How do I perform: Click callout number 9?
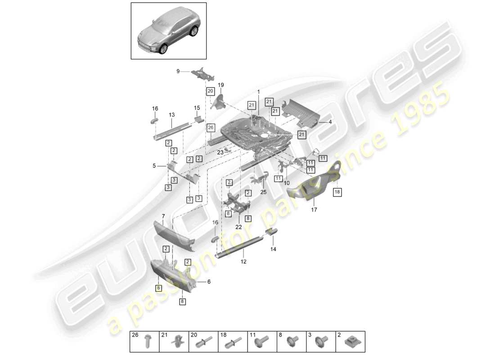click(x=178, y=71)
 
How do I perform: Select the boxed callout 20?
click(x=211, y=91)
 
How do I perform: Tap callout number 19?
click(x=221, y=85)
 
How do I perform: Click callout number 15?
click(x=197, y=108)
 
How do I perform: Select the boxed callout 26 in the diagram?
click(x=210, y=127)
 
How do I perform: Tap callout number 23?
click(x=220, y=152)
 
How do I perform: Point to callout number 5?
click(x=154, y=166)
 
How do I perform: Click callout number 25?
click(x=263, y=192)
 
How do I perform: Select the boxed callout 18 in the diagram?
click(x=337, y=192)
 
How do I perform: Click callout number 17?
click(x=314, y=209)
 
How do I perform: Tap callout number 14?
click(x=273, y=249)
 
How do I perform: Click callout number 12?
click(x=243, y=261)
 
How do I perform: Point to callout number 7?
click(x=163, y=216)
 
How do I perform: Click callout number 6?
click(x=208, y=282)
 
